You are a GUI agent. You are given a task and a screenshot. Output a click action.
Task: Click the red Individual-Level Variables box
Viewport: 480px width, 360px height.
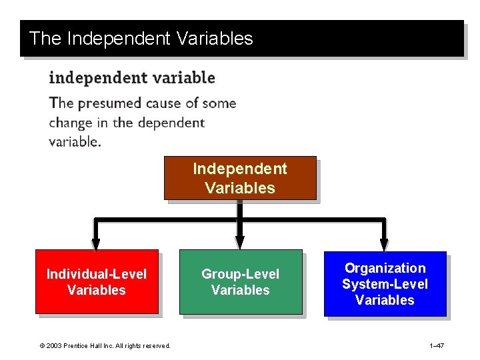click(x=97, y=281)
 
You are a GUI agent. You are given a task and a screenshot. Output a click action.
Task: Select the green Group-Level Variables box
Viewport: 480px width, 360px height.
click(x=240, y=281)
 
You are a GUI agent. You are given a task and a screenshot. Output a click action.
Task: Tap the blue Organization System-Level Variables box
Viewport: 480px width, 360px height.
click(x=385, y=283)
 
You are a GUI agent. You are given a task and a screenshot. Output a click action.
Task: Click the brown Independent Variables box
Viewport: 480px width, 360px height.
click(x=240, y=178)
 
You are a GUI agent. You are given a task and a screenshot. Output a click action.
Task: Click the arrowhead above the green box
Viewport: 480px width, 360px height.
click(x=240, y=243)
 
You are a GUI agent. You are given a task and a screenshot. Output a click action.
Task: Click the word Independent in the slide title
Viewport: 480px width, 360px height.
click(x=119, y=39)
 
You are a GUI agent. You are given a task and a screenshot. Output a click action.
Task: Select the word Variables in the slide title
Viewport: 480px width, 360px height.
click(x=215, y=39)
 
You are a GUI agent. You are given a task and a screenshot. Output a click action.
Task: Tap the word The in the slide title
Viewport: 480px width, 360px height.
click(x=45, y=39)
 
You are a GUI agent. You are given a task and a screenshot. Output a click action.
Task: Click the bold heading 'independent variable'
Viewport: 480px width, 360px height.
click(x=132, y=78)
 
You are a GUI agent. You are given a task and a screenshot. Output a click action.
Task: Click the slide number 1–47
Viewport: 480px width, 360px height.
click(x=437, y=345)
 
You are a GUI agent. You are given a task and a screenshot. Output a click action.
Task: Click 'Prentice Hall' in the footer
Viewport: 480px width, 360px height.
click(x=83, y=345)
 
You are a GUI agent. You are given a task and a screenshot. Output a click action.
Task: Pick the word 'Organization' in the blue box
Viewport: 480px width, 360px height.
click(x=385, y=268)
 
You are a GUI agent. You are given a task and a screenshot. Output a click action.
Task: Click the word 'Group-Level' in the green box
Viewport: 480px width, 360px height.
click(x=240, y=274)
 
